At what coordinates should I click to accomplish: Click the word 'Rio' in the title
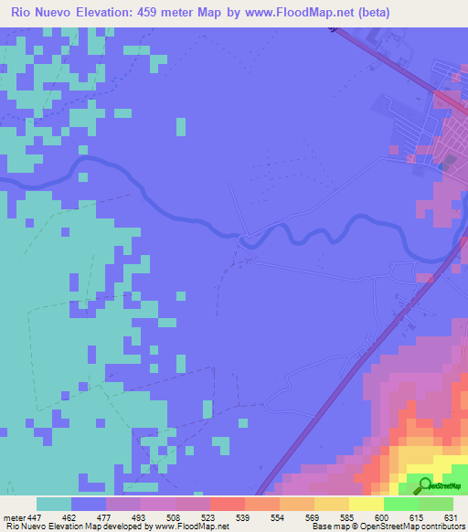(x=22, y=12)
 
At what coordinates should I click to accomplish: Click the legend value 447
(x=36, y=517)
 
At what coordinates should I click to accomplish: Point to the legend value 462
(x=70, y=517)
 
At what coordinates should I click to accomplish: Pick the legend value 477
(x=106, y=517)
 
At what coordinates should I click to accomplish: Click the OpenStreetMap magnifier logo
(x=425, y=485)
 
